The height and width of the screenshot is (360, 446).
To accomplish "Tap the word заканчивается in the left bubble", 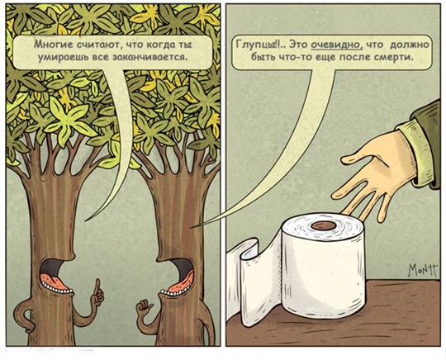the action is coord(150,57).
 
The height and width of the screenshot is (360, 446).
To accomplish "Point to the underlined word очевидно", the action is coord(336,45).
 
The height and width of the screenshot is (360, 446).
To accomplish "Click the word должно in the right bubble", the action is coord(409,45).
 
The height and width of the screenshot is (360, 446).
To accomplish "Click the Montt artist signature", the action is coord(422,269).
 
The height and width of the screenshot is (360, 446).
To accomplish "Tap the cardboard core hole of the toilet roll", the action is coord(324,225).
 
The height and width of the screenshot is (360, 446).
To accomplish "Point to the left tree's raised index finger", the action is coord(97,286).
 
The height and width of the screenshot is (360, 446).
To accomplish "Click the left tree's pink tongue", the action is coord(54,280).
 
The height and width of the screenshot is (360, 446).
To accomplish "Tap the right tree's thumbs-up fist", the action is coord(145,310).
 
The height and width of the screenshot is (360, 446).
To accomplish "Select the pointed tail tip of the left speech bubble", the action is coord(85,220).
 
